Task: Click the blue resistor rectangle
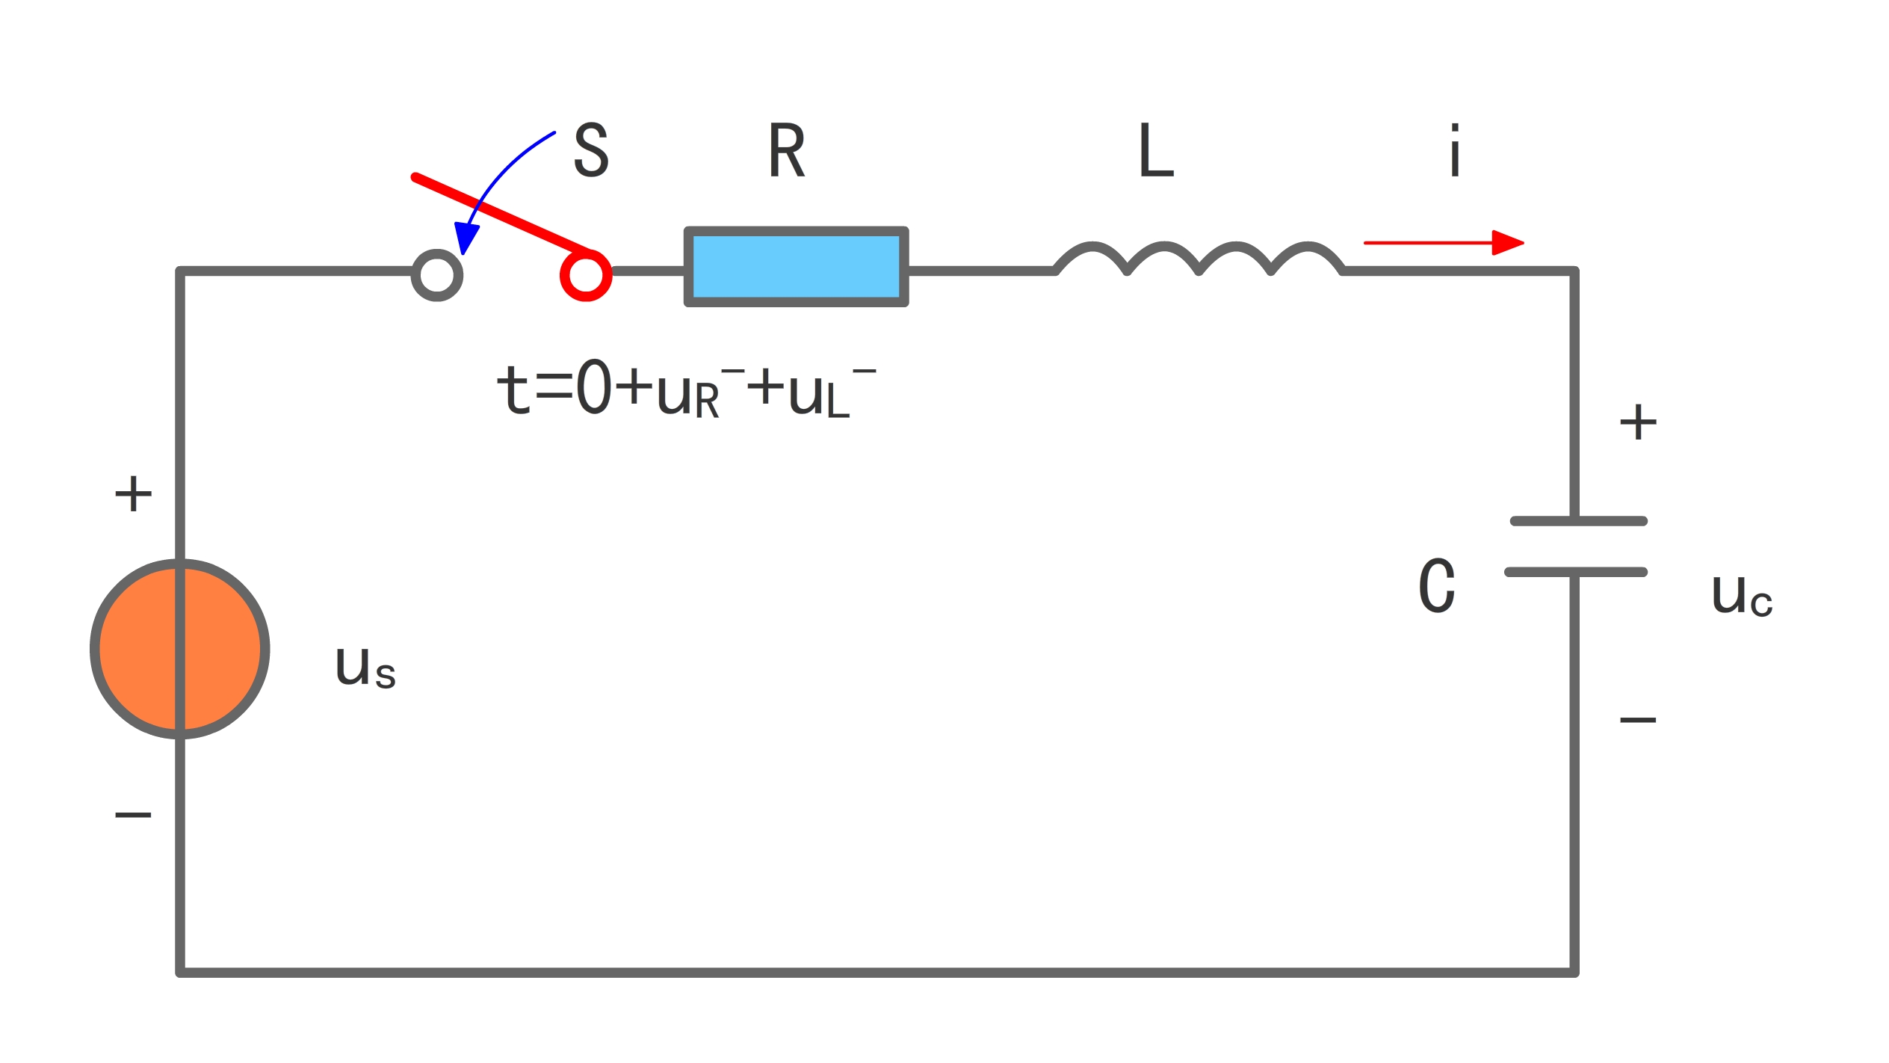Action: click(x=796, y=267)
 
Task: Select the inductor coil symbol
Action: click(x=1199, y=258)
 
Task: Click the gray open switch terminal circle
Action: click(x=437, y=275)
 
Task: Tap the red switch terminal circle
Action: click(x=586, y=275)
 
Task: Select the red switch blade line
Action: click(x=501, y=214)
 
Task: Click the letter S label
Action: click(x=591, y=150)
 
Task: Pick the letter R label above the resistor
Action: click(x=787, y=150)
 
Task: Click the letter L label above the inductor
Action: click(x=1155, y=150)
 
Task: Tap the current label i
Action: click(x=1454, y=150)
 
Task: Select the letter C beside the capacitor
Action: click(x=1437, y=585)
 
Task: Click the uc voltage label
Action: click(x=1742, y=596)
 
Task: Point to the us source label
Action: click(x=365, y=667)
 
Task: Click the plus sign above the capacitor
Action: click(x=1638, y=422)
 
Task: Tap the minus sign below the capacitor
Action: click(x=1638, y=720)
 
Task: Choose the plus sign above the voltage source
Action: click(x=133, y=493)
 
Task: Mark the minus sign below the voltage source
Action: click(x=133, y=815)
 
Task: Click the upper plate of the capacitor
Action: click(x=1578, y=521)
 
